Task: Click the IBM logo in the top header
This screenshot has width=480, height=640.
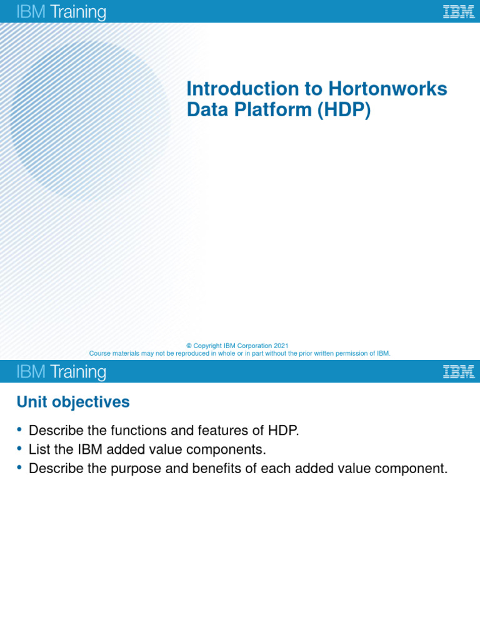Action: pyautogui.click(x=458, y=12)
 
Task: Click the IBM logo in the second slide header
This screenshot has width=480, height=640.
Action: pyautogui.click(x=458, y=372)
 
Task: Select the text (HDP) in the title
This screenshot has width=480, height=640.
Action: pyautogui.click(x=344, y=110)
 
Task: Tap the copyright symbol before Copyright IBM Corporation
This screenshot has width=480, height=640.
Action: pyautogui.click(x=189, y=346)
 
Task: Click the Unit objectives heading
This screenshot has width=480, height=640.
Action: pyautogui.click(x=73, y=402)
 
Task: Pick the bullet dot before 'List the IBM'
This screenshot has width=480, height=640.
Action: pyautogui.click(x=20, y=448)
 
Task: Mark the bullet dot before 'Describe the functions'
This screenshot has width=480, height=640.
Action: pyautogui.click(x=20, y=429)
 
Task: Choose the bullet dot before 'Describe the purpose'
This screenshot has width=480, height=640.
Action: pyautogui.click(x=20, y=467)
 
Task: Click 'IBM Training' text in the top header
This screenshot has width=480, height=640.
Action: pyautogui.click(x=61, y=12)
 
